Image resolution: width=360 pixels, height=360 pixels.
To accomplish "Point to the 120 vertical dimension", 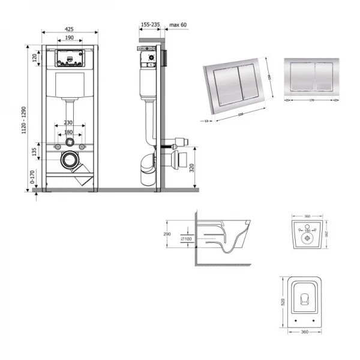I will [35, 58].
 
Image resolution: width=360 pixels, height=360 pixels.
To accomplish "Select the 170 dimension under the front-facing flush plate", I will [311, 100].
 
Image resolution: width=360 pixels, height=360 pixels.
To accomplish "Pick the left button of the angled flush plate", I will [223, 85].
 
